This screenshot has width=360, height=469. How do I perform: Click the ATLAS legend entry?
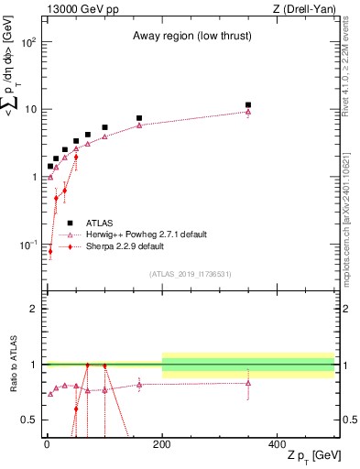(x=99, y=222)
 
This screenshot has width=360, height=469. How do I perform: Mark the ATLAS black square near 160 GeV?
(x=139, y=118)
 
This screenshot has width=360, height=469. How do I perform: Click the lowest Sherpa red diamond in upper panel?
(x=50, y=251)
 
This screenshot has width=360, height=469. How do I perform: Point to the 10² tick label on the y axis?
(x=29, y=43)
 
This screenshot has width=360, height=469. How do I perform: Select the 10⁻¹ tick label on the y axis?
(x=29, y=245)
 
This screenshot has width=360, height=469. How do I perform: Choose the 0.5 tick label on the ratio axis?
(x=31, y=420)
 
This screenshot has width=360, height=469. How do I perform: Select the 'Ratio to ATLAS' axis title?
(x=12, y=365)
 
